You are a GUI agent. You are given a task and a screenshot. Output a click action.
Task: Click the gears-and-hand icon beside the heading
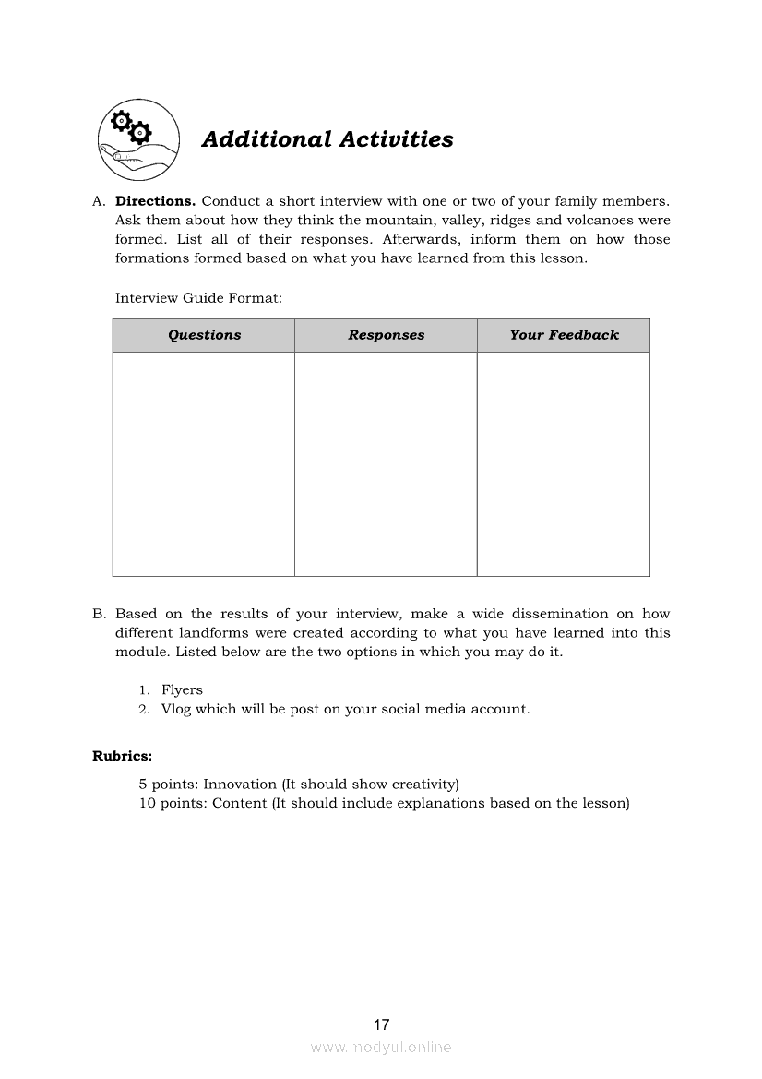pos(138,140)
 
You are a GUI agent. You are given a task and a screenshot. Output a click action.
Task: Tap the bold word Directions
pos(155,201)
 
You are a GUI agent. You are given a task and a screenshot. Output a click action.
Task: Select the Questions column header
pos(204,335)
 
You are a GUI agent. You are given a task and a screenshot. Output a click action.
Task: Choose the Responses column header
pos(386,335)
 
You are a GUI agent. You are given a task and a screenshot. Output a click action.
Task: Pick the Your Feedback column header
pos(564,335)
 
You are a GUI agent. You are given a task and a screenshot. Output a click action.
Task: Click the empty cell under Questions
pos(204,463)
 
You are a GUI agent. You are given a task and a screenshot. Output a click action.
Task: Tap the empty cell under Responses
pos(386,463)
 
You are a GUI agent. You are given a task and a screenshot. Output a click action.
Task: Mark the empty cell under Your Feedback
pos(564,463)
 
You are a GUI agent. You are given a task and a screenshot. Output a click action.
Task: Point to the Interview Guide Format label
pos(198,298)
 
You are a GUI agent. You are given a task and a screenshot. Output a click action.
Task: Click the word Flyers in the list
pos(182,689)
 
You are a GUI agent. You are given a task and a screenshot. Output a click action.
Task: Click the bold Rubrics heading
pos(122,756)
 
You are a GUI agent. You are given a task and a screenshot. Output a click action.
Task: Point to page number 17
pos(382,1025)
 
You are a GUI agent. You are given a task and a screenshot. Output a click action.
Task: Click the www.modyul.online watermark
pos(381,1047)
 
